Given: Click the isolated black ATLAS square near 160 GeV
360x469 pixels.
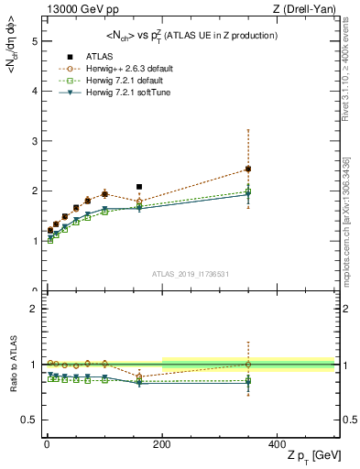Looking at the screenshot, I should (139, 187).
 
